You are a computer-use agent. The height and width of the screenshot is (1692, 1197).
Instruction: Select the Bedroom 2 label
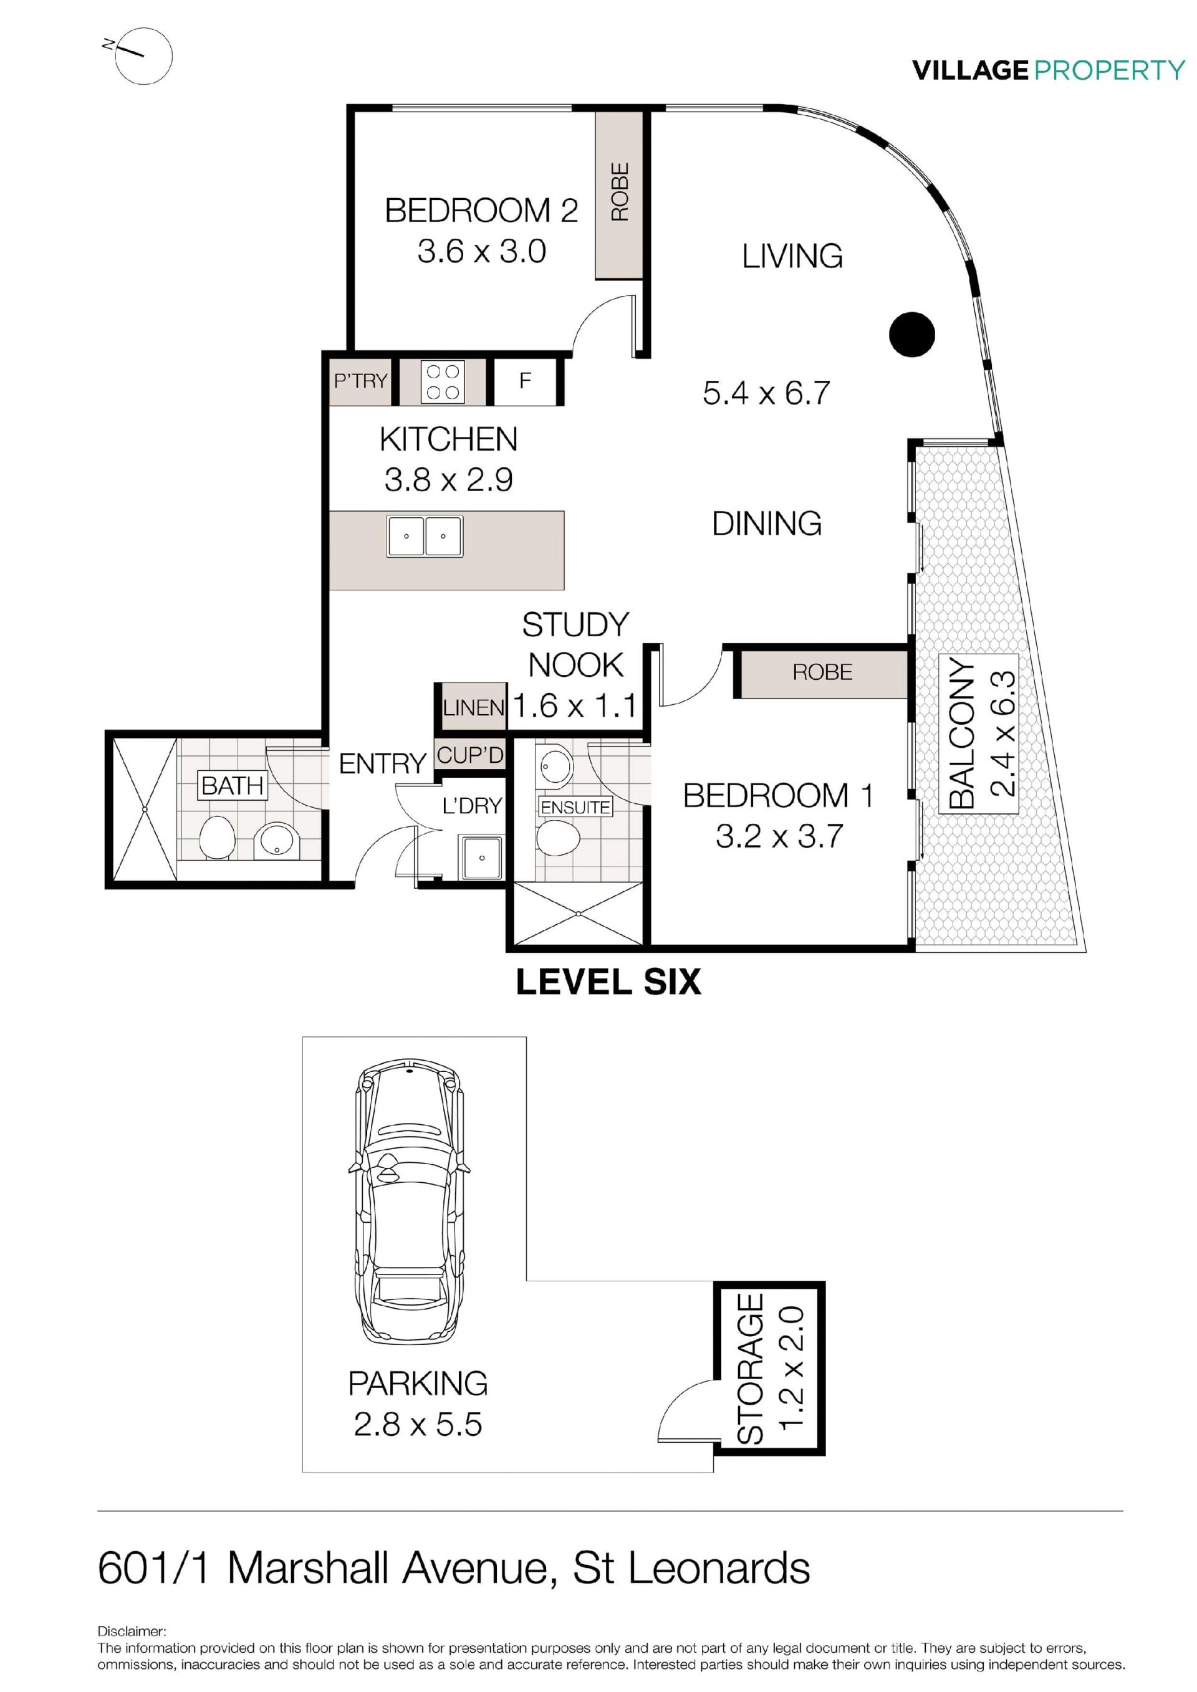(481, 210)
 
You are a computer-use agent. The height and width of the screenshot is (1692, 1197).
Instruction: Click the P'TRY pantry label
(360, 380)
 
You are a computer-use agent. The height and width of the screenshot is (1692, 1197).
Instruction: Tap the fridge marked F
(525, 381)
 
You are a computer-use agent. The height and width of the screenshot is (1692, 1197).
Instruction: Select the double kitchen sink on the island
(425, 536)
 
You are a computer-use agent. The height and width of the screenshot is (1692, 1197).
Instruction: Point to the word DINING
(767, 523)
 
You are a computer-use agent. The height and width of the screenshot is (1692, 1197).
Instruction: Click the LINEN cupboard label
(473, 707)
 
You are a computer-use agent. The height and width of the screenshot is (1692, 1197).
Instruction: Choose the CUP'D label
(470, 755)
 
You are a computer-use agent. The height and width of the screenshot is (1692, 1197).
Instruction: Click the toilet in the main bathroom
(217, 836)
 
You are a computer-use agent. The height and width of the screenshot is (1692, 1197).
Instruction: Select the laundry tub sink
(481, 857)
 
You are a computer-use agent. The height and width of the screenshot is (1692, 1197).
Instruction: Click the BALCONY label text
(962, 734)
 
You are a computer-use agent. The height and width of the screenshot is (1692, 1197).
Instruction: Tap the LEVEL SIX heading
(608, 982)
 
